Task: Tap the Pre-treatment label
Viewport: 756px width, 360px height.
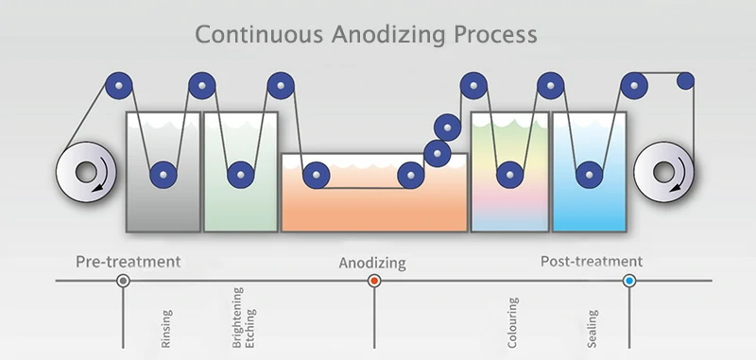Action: click(128, 260)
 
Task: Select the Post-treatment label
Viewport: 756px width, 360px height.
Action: click(592, 260)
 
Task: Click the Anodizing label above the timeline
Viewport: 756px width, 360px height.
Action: click(372, 262)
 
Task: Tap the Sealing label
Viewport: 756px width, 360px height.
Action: click(593, 326)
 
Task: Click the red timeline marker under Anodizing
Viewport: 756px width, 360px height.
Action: click(374, 282)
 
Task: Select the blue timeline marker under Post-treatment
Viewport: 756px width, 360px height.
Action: click(629, 282)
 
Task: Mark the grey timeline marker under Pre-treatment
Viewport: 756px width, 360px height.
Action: click(123, 282)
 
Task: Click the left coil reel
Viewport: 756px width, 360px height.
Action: click(84, 174)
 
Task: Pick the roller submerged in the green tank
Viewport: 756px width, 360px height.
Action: click(240, 174)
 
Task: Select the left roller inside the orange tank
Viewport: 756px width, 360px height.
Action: click(315, 175)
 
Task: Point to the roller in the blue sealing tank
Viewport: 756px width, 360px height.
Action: click(590, 174)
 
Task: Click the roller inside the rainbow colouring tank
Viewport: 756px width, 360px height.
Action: click(510, 174)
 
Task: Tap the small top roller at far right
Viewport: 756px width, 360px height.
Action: click(686, 81)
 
